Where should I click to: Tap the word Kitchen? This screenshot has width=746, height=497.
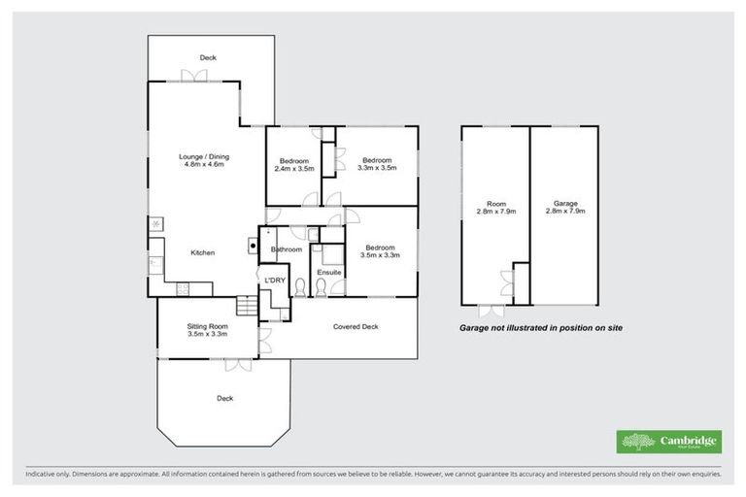(x=202, y=252)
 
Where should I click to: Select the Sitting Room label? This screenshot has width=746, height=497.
(x=207, y=326)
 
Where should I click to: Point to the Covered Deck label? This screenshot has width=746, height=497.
(x=356, y=326)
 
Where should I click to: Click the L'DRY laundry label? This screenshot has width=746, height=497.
(x=275, y=281)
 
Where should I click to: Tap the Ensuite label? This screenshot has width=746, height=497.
(x=329, y=273)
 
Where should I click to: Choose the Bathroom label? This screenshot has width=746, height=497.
(x=287, y=249)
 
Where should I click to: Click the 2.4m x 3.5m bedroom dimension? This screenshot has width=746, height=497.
(x=293, y=169)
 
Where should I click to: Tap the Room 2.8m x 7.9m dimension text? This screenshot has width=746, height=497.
(x=496, y=211)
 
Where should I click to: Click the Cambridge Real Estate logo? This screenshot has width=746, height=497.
(x=670, y=441)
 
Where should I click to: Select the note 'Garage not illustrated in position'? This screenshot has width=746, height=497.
(x=540, y=328)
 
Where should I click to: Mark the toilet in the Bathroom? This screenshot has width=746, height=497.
(x=300, y=288)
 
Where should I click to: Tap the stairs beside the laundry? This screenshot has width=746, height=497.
(x=250, y=308)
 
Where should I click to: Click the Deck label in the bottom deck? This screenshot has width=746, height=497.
(x=224, y=398)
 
